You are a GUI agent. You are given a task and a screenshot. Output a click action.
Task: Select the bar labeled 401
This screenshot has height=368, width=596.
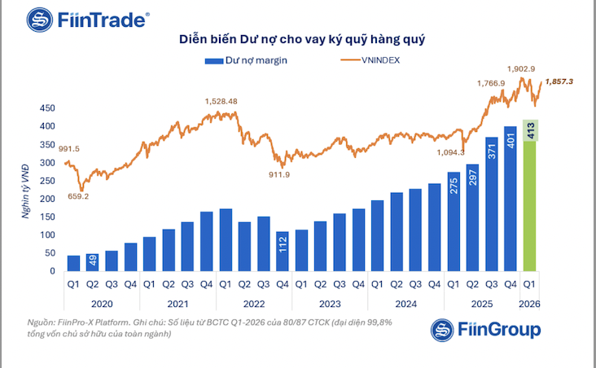511,199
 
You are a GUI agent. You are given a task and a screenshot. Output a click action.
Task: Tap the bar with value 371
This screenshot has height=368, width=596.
491,205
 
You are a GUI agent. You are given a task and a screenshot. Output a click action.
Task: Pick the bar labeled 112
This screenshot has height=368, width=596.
283,252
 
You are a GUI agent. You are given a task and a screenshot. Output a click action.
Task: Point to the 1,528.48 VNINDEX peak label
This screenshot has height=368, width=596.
221,101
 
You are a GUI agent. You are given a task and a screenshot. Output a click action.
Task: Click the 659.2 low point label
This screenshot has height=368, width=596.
75,196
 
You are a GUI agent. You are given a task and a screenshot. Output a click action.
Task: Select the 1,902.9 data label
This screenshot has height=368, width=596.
521,69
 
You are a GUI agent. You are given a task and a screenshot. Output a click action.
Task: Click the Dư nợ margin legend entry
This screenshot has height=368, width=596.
248,59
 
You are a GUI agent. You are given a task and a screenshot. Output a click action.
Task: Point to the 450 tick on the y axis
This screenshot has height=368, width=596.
46,108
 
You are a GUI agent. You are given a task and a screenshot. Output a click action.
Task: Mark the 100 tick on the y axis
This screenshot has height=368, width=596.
46,234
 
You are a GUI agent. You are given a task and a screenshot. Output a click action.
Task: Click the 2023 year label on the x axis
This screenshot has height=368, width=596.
330,304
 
